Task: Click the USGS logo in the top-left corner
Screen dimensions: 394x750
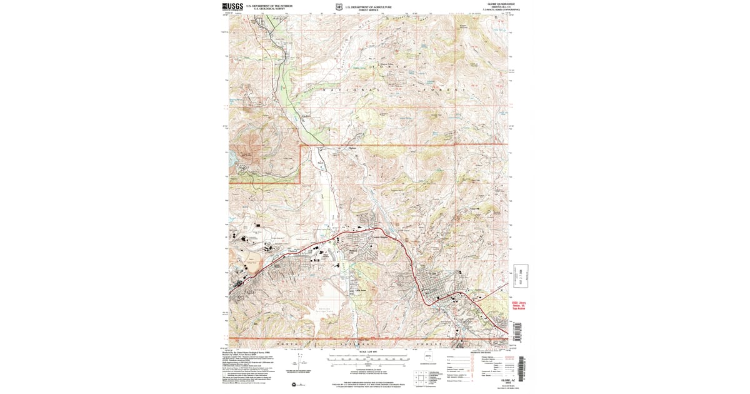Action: (x=232, y=7)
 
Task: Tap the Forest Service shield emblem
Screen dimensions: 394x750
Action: (x=338, y=8)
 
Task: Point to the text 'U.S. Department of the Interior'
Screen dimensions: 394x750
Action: (x=269, y=6)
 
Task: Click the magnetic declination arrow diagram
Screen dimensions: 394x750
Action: (x=304, y=361)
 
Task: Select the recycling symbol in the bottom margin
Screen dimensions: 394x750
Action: (x=292, y=384)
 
